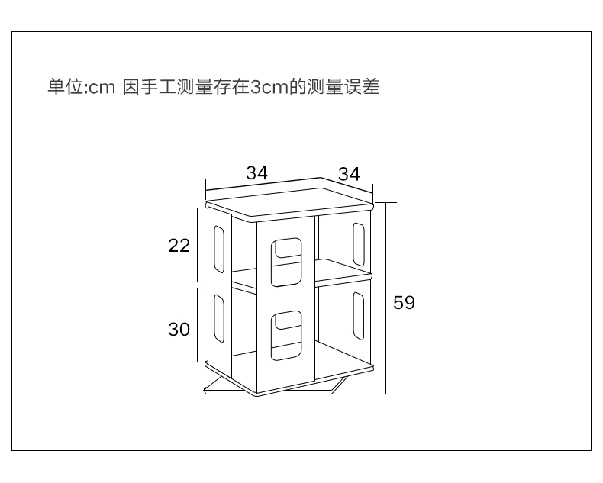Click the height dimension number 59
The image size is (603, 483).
404,303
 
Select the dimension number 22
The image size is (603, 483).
179,246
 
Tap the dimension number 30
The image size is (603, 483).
179,330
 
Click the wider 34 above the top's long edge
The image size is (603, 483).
257,173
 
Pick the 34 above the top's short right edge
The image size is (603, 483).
349,174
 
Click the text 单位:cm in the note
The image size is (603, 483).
81,87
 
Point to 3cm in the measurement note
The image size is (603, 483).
267,87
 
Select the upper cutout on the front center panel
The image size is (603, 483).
285,261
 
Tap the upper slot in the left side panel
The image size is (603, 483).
219,246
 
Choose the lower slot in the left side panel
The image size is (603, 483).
219,318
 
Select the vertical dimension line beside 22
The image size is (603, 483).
198,244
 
